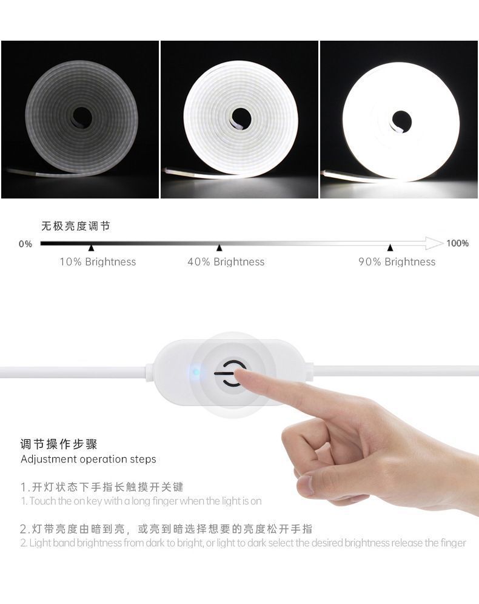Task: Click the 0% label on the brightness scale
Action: (25, 244)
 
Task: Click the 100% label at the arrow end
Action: (457, 243)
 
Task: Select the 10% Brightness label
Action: (98, 262)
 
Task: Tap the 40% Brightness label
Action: (226, 262)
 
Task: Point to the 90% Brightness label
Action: (397, 262)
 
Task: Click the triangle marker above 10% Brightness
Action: (91, 248)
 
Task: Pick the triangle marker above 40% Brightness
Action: (219, 248)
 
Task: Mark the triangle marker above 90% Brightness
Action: (390, 248)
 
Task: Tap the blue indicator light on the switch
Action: (196, 372)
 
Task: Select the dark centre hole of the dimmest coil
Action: (82, 116)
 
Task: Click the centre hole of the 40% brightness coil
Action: (241, 118)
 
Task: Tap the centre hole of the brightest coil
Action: (401, 120)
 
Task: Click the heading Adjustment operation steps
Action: (89, 459)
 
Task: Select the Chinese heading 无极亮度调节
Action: (76, 226)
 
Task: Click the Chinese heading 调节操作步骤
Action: (58, 444)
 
